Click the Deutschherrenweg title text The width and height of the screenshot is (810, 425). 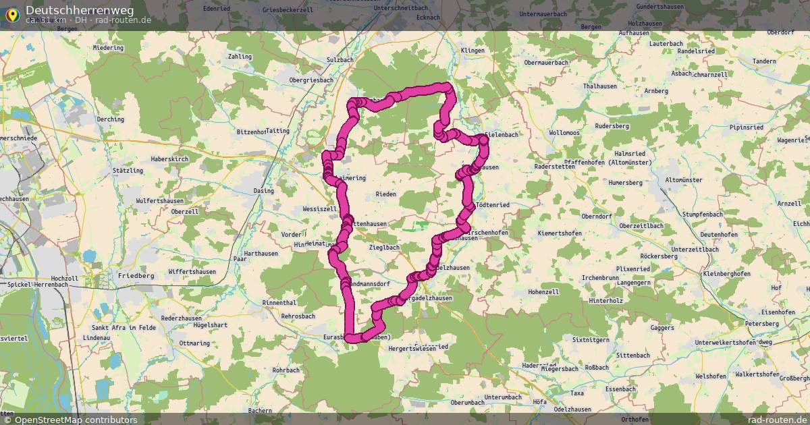(x=80, y=10)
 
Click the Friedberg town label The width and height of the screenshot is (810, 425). (x=136, y=276)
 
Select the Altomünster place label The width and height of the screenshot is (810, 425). (x=684, y=180)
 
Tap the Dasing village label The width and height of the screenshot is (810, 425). (x=263, y=191)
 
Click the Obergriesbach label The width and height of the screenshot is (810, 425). (x=311, y=80)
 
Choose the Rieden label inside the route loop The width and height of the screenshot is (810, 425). (x=385, y=194)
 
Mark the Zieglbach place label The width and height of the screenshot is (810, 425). (x=385, y=248)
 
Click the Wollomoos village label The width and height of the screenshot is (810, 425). (x=564, y=133)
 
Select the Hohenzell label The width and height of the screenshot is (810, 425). (x=543, y=292)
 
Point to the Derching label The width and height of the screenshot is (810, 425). (x=110, y=119)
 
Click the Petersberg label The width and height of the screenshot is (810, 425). (x=761, y=324)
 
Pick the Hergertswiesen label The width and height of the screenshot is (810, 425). (x=412, y=349)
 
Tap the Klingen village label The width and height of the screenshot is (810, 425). (x=473, y=51)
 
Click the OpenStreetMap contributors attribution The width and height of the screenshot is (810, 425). (x=76, y=420)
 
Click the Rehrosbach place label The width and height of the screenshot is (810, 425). (x=298, y=316)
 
